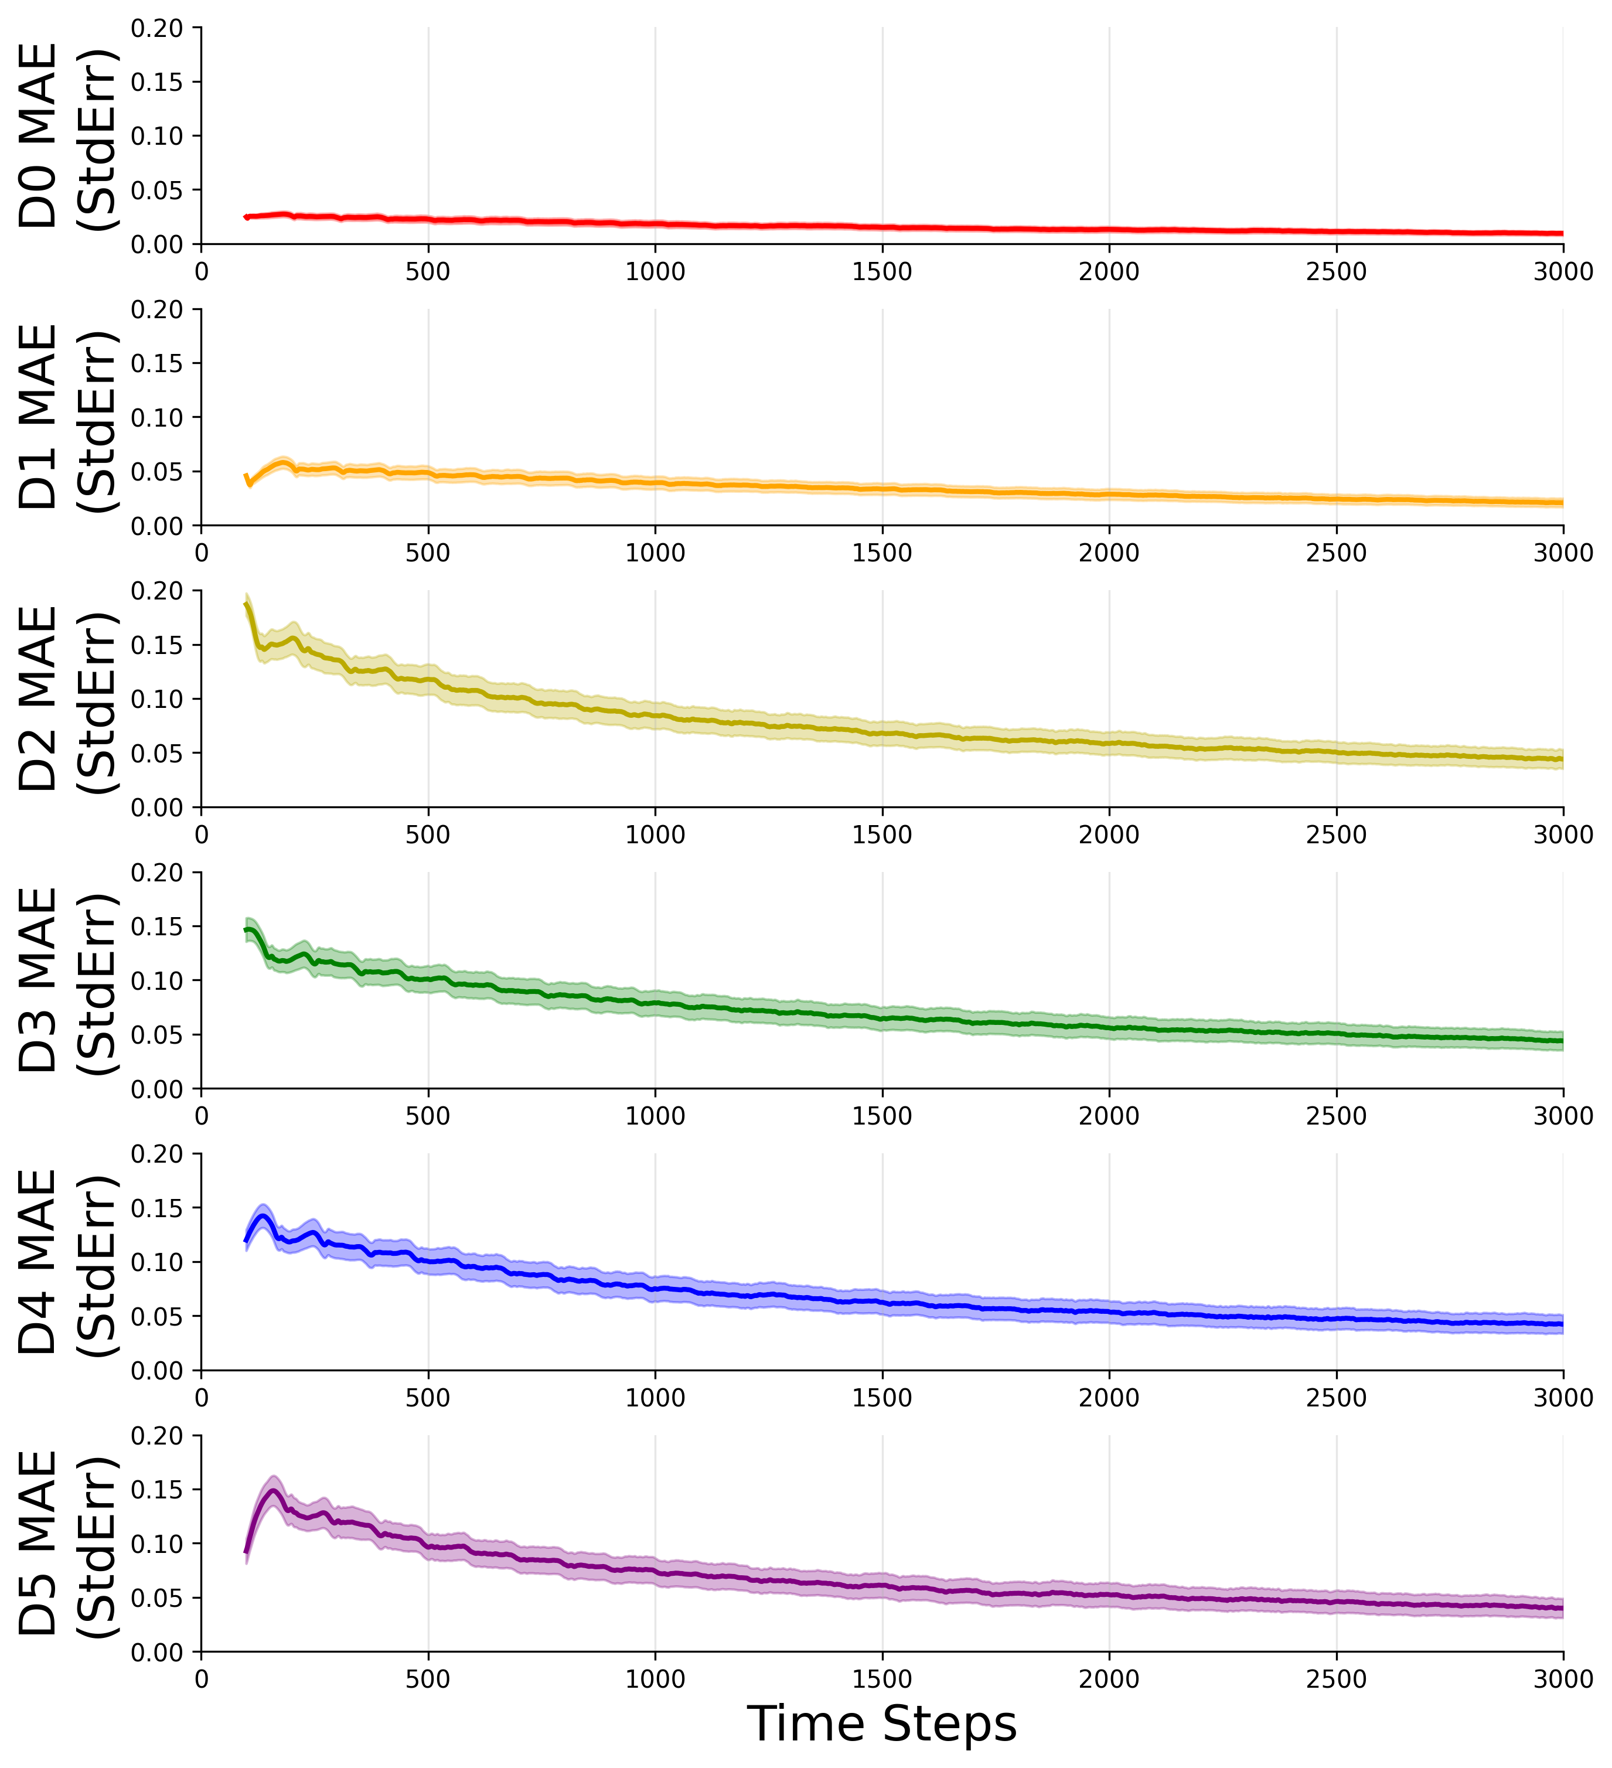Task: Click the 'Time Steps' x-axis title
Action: [x=881, y=1723]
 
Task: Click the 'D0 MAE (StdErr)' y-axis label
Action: [x=66, y=136]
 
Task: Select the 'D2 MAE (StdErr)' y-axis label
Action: [x=66, y=699]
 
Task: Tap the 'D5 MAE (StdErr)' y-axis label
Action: [x=66, y=1544]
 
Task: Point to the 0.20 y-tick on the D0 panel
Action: [x=157, y=28]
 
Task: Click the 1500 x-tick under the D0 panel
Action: [x=882, y=272]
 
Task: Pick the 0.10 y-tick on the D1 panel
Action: [x=157, y=417]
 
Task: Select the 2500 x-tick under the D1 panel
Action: [x=1336, y=553]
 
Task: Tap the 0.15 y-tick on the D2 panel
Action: [x=157, y=645]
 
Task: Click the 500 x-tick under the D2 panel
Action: [x=428, y=835]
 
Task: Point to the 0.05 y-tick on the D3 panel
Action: [x=157, y=1035]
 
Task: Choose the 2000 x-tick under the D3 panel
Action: [x=1109, y=1116]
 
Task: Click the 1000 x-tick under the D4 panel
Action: [x=655, y=1398]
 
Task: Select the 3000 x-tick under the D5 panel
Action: [x=1563, y=1680]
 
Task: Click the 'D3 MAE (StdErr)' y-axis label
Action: [x=66, y=980]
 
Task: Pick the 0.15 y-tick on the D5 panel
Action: [x=157, y=1490]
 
